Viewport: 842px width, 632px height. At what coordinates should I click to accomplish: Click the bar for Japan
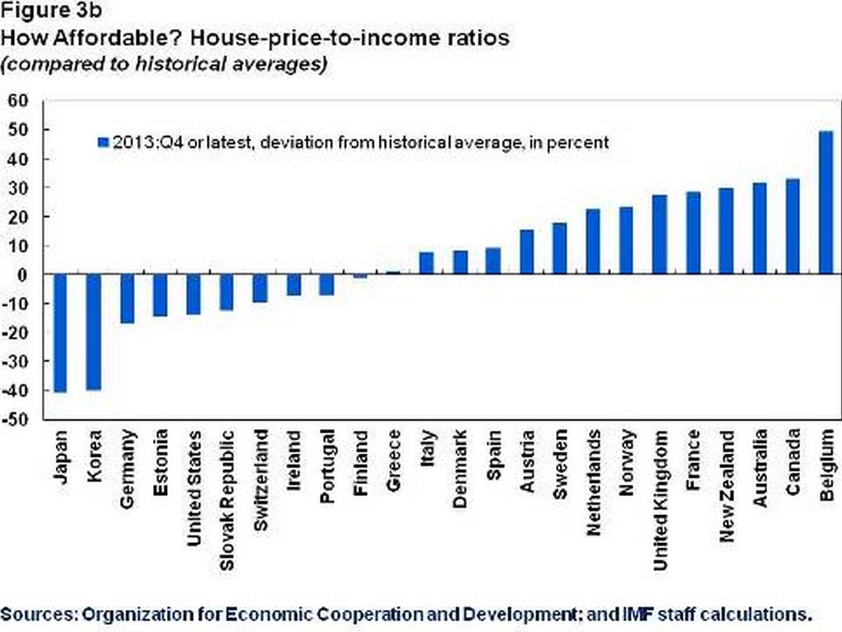tap(60, 333)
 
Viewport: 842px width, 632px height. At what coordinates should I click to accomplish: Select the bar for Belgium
tap(826, 202)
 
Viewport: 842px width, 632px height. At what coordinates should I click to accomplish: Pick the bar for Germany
tap(127, 299)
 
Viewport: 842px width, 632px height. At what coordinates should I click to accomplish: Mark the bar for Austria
tap(526, 253)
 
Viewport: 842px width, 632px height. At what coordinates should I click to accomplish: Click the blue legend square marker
tap(103, 142)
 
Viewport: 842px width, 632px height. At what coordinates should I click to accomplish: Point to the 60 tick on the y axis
tap(18, 100)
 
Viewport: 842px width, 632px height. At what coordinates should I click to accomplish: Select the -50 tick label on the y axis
tap(16, 420)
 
